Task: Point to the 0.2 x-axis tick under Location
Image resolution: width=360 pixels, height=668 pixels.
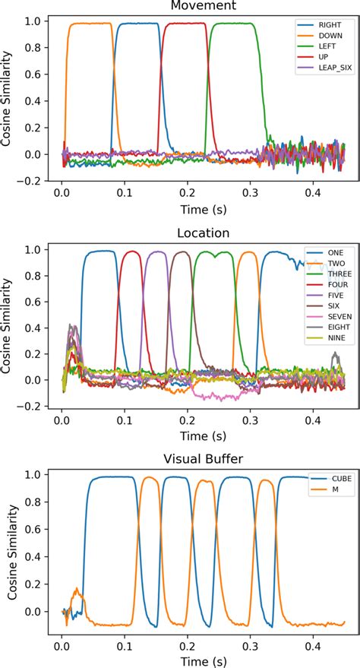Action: (x=186, y=416)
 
